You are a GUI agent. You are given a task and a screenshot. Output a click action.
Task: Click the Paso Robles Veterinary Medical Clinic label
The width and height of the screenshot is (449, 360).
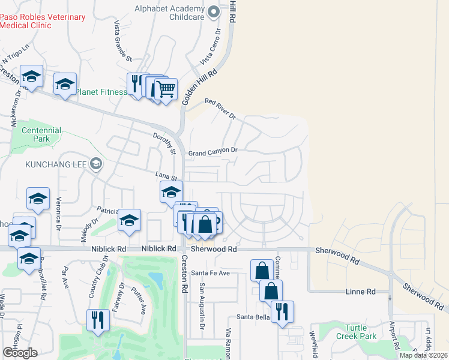pos(43,21)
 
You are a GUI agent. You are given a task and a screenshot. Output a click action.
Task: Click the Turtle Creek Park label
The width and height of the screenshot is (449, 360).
pos(360,332)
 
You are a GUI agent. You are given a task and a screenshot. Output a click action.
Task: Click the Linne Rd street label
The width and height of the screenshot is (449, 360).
pos(361,292)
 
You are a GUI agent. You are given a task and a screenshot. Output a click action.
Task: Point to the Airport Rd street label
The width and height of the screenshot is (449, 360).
pos(394,335)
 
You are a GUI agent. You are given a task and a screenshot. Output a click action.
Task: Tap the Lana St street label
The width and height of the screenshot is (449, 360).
pos(167,176)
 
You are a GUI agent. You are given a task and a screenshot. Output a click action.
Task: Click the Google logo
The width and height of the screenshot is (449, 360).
pos(20,353)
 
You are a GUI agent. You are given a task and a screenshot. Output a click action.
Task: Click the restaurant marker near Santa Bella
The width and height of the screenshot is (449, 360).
pos(282,312)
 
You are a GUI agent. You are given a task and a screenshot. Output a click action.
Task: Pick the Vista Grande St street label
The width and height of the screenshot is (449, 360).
pos(122,41)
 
